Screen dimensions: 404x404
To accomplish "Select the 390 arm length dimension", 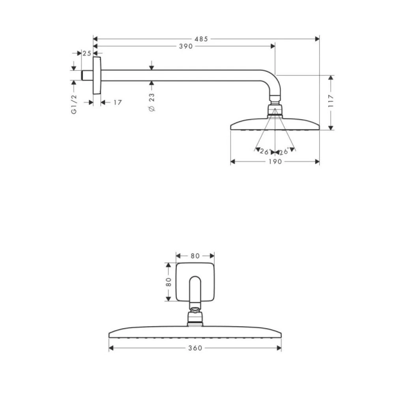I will (x=185, y=46).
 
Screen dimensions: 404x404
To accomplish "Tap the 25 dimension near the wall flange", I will (x=87, y=53).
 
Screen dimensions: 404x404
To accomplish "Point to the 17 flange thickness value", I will (x=117, y=103).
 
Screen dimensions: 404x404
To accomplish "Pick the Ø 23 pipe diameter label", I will (x=152, y=102).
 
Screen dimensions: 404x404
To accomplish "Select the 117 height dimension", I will (x=331, y=102).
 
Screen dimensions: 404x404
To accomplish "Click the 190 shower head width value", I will (x=275, y=161).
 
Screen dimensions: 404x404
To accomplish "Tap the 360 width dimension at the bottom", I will (x=195, y=348).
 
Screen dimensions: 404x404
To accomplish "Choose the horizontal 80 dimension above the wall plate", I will (x=195, y=256).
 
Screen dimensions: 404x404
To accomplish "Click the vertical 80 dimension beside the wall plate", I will (x=168, y=282).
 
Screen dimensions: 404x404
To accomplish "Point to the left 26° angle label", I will (x=264, y=151).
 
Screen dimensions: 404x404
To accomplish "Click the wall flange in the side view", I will (x=97, y=75).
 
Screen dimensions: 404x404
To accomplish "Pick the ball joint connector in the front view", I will (x=195, y=318).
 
